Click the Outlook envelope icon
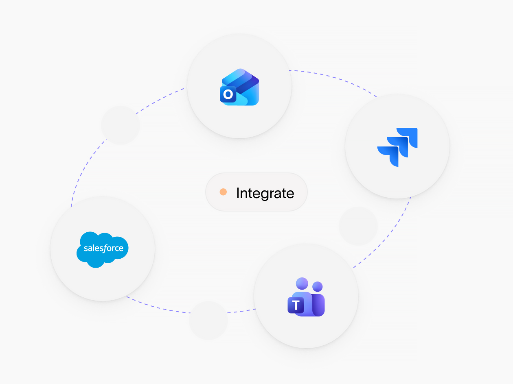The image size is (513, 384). [239, 87]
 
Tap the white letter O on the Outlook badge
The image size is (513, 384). [228, 94]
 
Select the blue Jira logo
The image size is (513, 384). [397, 147]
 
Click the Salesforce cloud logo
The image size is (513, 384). [103, 249]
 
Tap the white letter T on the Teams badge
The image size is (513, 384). [296, 305]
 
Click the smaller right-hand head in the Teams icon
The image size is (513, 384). [318, 286]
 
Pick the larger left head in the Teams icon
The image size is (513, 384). [302, 283]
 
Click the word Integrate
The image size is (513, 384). [265, 193]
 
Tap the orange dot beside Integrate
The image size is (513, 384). [223, 192]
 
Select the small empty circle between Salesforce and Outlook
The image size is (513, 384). [121, 125]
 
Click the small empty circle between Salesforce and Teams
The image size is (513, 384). [208, 321]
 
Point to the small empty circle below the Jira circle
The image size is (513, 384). [358, 226]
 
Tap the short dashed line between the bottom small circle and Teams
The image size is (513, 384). [241, 311]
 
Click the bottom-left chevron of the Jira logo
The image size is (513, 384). [388, 156]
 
